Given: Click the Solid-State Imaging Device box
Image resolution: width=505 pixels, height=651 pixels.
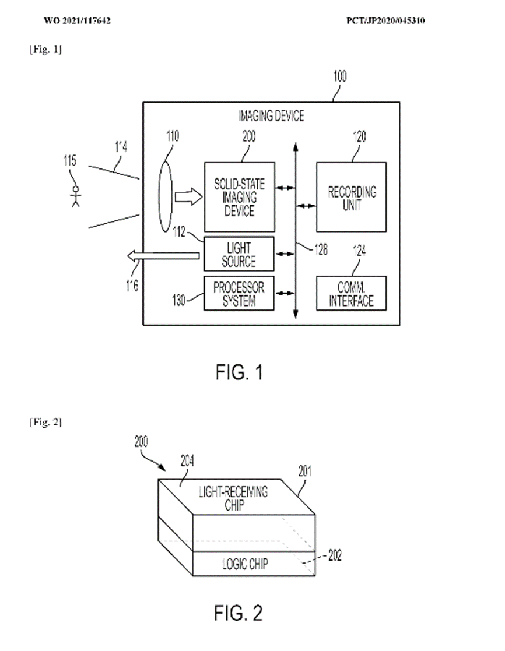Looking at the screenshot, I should [x=239, y=198].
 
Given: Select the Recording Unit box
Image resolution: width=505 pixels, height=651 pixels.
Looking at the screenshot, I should [x=351, y=198].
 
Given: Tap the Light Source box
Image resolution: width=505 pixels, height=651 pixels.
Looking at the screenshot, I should [x=239, y=254].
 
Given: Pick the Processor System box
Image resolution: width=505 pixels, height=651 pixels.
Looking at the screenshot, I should [x=239, y=293].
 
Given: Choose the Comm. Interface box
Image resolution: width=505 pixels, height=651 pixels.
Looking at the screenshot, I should [x=351, y=293].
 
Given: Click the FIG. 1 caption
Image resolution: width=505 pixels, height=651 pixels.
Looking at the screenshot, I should [x=239, y=372].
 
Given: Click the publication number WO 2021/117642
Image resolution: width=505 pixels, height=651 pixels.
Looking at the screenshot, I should [x=78, y=21].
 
